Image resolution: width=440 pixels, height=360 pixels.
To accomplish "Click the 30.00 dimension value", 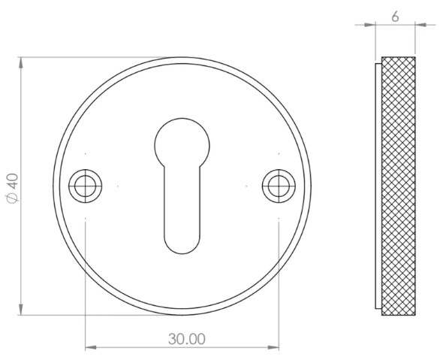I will (x=185, y=339).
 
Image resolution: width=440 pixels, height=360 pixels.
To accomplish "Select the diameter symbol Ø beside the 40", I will (x=11, y=198).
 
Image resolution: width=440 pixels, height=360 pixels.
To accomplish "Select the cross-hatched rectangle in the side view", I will (x=398, y=186).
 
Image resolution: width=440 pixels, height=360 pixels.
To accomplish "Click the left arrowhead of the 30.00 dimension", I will (x=91, y=347).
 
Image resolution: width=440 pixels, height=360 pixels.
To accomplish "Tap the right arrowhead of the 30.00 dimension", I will (x=275, y=347).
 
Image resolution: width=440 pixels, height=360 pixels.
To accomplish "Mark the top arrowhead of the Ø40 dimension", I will (x=20, y=60).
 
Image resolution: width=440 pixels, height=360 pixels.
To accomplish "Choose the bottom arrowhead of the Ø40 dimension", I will (x=20, y=311).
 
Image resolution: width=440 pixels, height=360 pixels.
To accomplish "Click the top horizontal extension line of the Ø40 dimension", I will (x=90, y=56).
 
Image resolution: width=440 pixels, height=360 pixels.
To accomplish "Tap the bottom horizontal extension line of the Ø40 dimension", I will (x=90, y=316).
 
